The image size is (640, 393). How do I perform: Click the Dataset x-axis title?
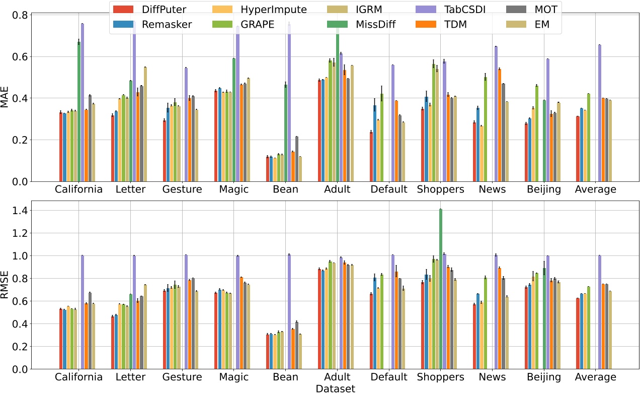click(336, 388)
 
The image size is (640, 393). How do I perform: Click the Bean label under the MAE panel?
click(286, 189)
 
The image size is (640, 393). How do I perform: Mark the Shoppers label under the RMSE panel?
click(440, 377)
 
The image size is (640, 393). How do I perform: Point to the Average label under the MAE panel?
click(595, 189)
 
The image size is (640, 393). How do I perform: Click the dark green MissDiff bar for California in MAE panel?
click(79, 111)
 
